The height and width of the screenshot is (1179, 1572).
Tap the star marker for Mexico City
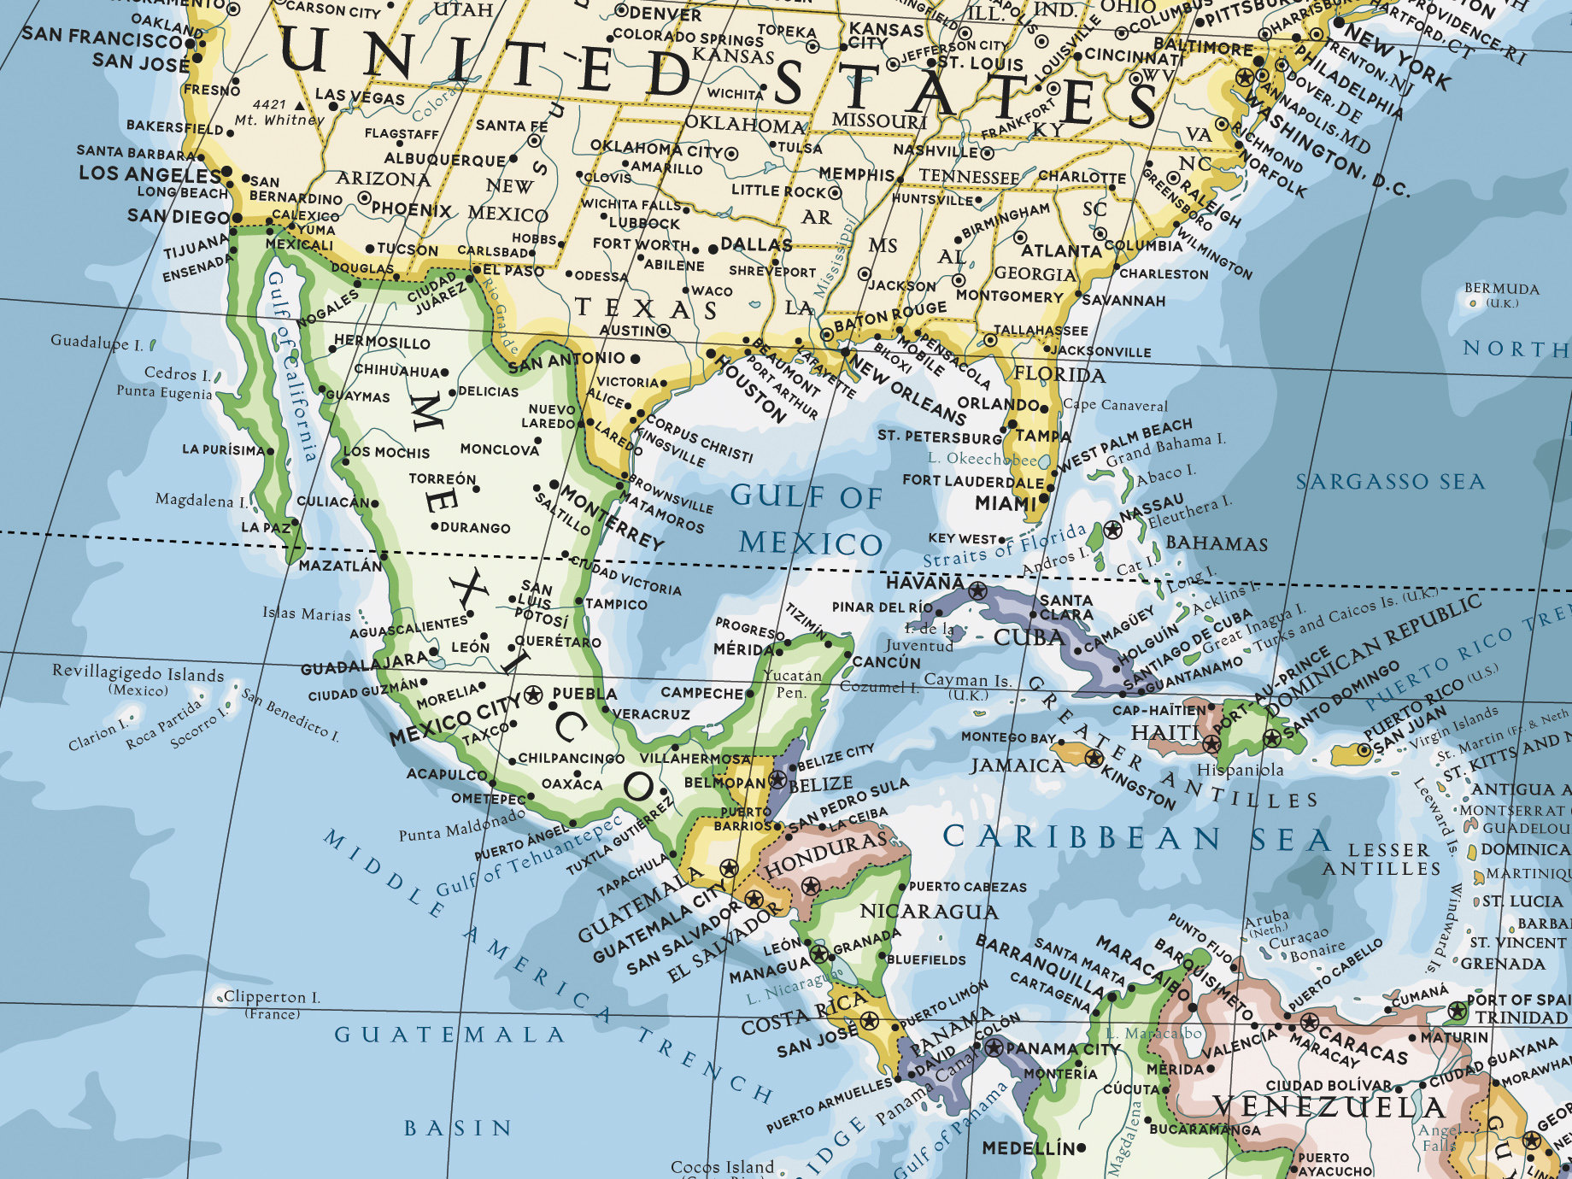[534, 693]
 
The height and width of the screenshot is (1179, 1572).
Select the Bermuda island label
[1501, 289]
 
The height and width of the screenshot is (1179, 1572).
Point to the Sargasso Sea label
[1390, 482]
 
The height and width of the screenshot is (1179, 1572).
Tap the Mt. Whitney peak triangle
[299, 105]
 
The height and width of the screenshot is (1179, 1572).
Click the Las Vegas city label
[360, 96]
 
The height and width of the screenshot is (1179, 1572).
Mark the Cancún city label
[887, 662]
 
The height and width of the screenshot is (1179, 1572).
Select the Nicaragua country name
[929, 912]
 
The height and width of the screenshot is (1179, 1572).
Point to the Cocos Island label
[722, 1167]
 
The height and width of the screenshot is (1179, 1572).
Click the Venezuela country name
[1329, 1107]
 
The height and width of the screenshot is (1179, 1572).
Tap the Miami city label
[1006, 504]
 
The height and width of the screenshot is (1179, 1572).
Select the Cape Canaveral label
[1115, 405]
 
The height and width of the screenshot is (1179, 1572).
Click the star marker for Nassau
[1112, 531]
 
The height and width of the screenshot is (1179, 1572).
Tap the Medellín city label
[1028, 1148]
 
